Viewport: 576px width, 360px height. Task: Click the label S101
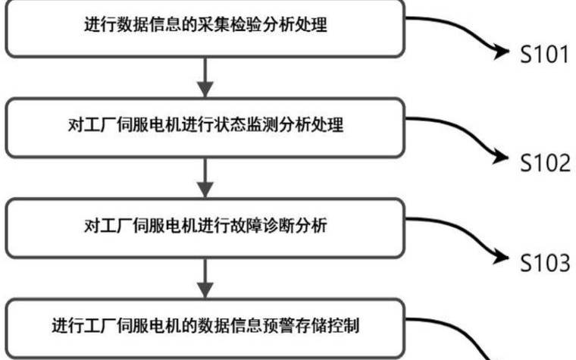(x=543, y=55)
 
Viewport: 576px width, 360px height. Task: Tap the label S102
(x=543, y=163)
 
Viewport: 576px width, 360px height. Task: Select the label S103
(x=543, y=262)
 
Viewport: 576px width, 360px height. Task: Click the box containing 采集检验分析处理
(x=205, y=27)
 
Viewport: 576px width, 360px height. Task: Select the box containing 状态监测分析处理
(x=205, y=126)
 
